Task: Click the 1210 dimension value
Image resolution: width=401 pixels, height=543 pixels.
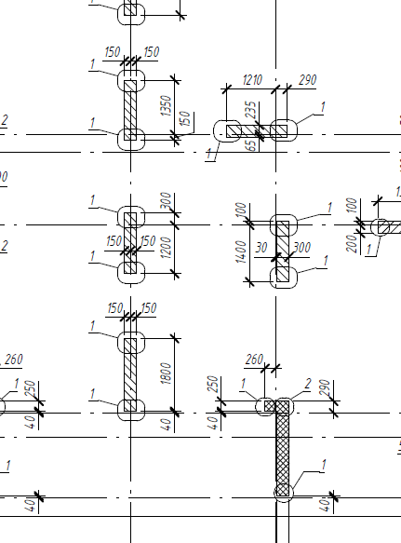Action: (252, 80)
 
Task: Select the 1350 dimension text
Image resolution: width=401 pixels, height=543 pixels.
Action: (166, 105)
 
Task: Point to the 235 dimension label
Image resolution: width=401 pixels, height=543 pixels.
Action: (251, 110)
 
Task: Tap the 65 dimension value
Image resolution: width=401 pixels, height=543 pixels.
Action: (252, 145)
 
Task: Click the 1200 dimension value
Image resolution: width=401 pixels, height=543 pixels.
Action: (166, 247)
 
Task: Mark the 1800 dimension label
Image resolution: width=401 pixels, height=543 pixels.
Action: (166, 373)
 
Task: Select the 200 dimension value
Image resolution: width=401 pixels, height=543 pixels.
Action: (352, 243)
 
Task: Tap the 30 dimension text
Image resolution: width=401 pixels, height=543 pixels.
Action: (261, 248)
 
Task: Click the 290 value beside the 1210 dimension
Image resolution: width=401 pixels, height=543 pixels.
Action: (307, 80)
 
